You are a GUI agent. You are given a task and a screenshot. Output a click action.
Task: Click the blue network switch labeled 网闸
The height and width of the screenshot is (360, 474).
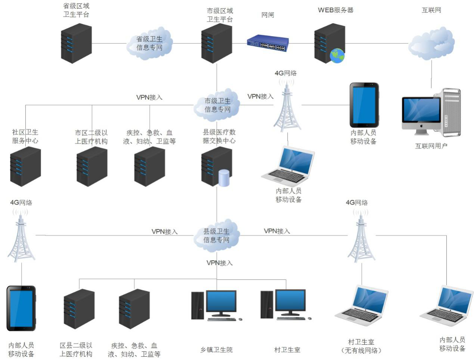[268, 43]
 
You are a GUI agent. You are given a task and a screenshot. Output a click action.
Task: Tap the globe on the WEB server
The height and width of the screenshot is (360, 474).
[337, 56]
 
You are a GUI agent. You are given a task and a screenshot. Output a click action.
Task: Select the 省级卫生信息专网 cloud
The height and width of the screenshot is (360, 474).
[149, 44]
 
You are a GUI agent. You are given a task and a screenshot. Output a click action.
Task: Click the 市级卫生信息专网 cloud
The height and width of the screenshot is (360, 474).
[217, 105]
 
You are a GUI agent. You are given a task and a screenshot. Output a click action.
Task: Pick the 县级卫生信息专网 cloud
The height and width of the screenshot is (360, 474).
[216, 236]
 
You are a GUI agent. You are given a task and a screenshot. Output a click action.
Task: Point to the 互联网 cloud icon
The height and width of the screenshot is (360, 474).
[431, 44]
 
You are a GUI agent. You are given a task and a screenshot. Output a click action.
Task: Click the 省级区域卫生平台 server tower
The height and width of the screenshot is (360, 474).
[76, 43]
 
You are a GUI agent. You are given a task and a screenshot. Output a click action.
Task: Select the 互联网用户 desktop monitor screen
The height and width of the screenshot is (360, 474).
[421, 110]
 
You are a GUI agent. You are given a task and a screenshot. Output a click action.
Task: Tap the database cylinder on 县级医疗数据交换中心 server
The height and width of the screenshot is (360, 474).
[224, 178]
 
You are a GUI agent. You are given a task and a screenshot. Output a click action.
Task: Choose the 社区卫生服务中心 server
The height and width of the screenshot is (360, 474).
[25, 166]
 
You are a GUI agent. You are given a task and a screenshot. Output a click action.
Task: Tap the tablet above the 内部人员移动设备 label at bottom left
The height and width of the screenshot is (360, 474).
[21, 308]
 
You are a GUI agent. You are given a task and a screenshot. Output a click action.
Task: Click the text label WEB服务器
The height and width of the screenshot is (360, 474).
[335, 10]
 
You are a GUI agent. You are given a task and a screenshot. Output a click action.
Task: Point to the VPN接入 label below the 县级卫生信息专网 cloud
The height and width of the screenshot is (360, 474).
[219, 263]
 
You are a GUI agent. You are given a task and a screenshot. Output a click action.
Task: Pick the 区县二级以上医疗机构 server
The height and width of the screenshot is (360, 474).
[79, 308]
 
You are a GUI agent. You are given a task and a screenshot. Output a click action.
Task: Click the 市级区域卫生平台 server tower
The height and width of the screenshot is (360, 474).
[217, 43]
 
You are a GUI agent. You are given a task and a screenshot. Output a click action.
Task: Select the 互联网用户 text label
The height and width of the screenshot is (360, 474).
[431, 146]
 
